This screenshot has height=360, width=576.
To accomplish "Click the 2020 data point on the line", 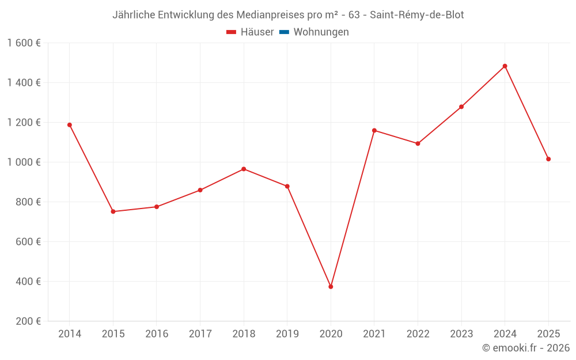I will tap(331, 286).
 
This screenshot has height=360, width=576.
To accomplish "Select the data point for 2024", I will tap(505, 66).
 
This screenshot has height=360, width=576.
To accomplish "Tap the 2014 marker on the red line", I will tap(70, 125).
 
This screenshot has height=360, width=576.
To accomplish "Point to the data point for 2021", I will tap(374, 130).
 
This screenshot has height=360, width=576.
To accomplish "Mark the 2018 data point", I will tap(244, 169).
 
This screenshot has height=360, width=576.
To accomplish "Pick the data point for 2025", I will tap(548, 159).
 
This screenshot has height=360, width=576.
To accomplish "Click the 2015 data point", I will tap(113, 211).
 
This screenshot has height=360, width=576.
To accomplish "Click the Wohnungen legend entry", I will tap(321, 32).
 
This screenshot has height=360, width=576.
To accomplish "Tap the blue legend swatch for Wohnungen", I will tap(284, 32).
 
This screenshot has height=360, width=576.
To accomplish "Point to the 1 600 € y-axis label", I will tap(24, 43).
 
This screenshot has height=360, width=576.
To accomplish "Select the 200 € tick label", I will tap(29, 321).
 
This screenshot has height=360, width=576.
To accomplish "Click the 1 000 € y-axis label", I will tap(24, 162).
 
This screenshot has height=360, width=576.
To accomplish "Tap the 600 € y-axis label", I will tap(29, 242).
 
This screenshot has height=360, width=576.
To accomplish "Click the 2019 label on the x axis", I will tap(287, 334).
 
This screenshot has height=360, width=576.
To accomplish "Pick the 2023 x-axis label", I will tap(461, 334).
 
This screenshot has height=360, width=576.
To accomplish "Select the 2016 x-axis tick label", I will tap(157, 334).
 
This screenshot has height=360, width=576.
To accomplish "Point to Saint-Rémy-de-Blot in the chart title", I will tap(416, 15).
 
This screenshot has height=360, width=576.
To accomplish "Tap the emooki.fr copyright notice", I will tap(526, 348).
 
